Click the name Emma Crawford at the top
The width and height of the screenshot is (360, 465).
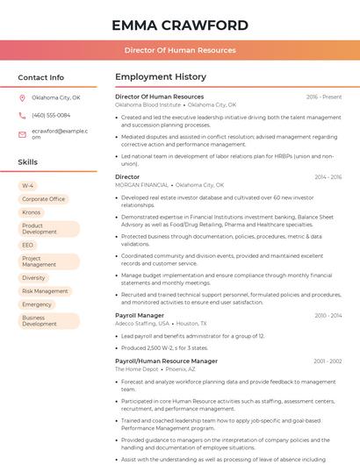click(x=180, y=25)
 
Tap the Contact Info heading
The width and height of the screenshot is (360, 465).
click(x=41, y=77)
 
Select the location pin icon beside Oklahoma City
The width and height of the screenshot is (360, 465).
click(x=22, y=97)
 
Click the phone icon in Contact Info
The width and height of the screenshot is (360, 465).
click(x=22, y=115)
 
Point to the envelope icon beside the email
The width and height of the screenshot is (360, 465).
click(x=22, y=133)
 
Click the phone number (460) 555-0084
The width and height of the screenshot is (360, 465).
click(x=51, y=115)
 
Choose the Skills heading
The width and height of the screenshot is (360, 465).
click(x=28, y=162)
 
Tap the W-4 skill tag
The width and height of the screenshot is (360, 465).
click(x=28, y=186)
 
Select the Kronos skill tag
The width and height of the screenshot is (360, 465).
click(x=32, y=212)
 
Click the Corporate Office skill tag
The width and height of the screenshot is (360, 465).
click(x=43, y=199)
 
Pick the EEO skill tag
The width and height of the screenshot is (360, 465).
click(x=28, y=245)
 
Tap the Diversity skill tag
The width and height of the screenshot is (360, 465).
click(x=33, y=277)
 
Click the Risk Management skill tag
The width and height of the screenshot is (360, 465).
click(x=45, y=290)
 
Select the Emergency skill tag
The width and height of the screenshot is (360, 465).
click(x=38, y=304)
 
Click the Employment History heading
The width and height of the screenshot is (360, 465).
click(x=161, y=77)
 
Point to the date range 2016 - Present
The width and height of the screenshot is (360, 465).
click(x=324, y=97)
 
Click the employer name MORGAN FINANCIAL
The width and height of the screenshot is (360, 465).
click(x=142, y=185)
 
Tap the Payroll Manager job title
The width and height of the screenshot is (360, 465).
click(x=140, y=315)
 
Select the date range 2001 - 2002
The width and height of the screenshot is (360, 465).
click(x=328, y=361)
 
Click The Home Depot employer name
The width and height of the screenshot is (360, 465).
click(x=137, y=369)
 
